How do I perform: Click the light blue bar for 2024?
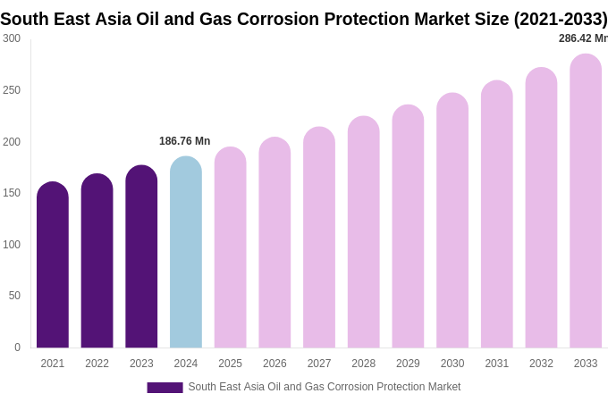tap(186, 255)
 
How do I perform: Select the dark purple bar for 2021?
tap(53, 266)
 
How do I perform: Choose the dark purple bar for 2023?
tap(141, 258)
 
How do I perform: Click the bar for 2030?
tap(452, 222)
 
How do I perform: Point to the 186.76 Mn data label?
tap(184, 141)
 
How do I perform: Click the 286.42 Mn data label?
tap(582, 38)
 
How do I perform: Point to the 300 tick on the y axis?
tap(12, 38)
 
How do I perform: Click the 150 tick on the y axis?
tap(12, 193)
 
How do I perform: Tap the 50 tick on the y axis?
tap(14, 296)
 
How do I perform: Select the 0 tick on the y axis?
tap(17, 348)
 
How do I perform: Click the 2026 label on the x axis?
tap(274, 364)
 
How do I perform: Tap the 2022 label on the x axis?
tap(97, 364)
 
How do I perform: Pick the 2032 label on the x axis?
tap(541, 364)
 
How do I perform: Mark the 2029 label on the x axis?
tap(408, 364)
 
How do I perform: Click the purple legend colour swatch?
tap(165, 388)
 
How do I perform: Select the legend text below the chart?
tap(324, 387)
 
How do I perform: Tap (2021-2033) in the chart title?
tap(560, 19)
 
